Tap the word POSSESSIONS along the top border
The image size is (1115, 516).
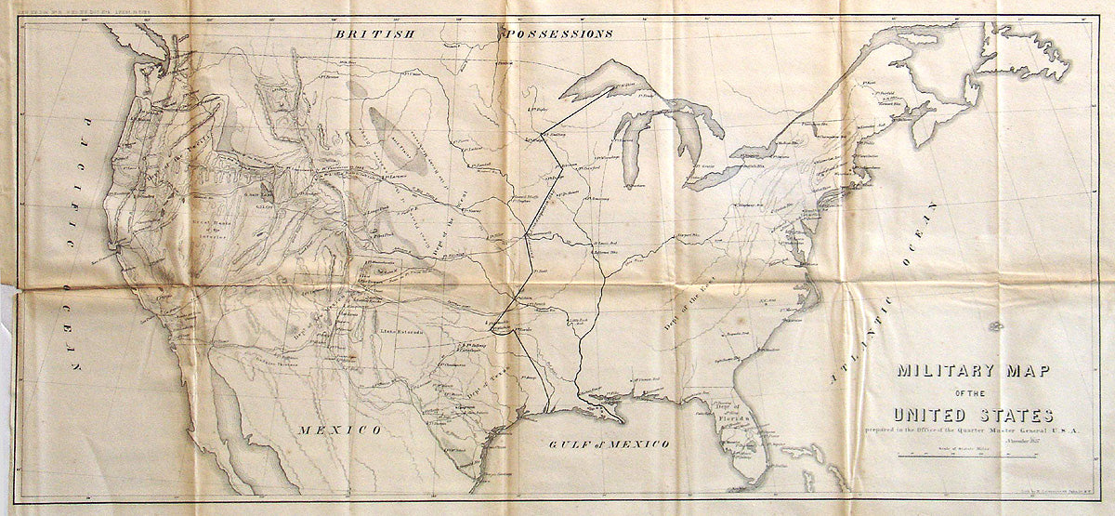[x=557, y=34]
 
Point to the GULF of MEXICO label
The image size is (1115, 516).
[x=610, y=445]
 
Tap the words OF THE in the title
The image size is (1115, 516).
[x=972, y=393]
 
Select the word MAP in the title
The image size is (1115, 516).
[x=1026, y=371]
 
